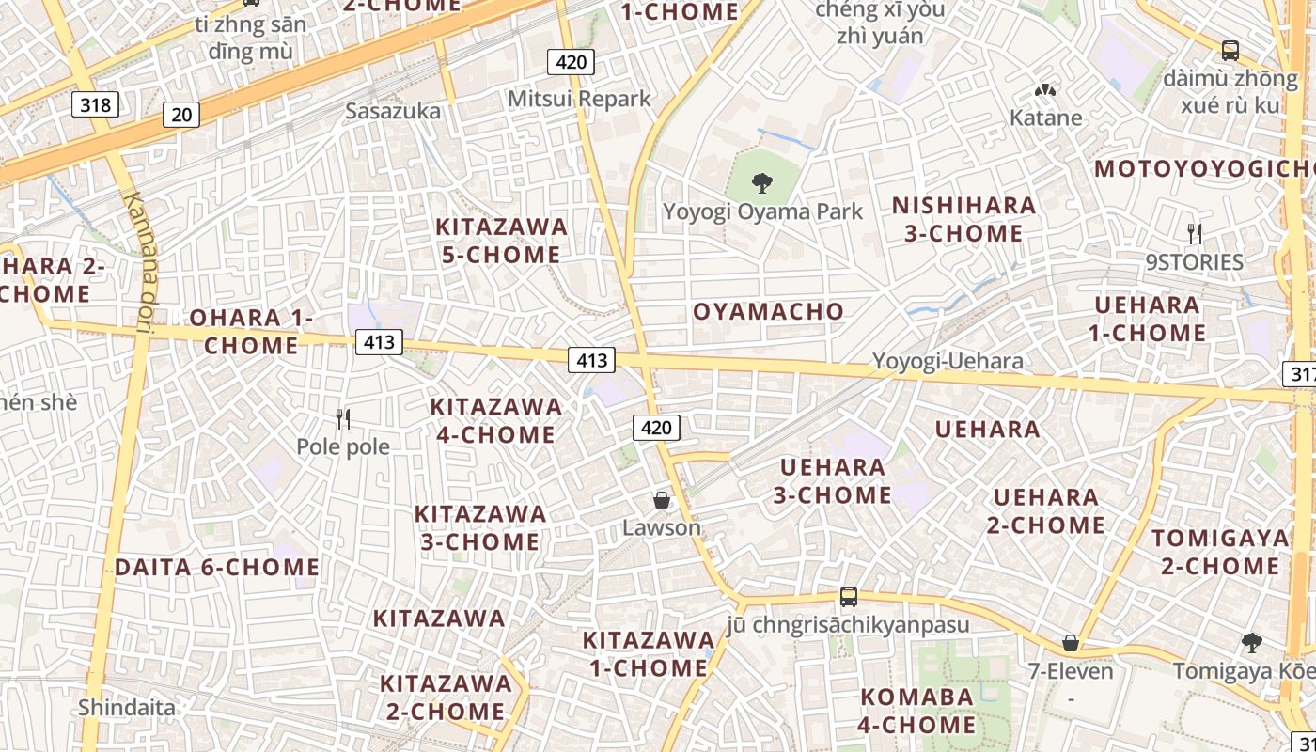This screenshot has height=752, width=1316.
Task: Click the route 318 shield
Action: click(96, 104)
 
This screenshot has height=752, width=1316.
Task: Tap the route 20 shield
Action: click(181, 115)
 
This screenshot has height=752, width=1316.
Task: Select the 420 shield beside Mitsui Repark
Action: click(571, 63)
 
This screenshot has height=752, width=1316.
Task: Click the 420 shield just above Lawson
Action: click(655, 429)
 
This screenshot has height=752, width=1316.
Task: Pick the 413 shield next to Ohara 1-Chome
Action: click(379, 342)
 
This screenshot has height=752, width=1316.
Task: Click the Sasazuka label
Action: click(393, 111)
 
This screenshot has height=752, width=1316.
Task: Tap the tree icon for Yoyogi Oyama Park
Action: click(762, 183)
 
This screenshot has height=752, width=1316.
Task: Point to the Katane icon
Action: click(1045, 90)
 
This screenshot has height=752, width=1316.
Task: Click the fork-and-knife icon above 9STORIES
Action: click(1194, 233)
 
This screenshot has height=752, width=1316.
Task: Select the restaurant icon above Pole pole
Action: click(343, 418)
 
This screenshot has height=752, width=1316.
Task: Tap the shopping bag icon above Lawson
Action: click(662, 500)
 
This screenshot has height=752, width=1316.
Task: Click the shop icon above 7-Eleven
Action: click(1070, 643)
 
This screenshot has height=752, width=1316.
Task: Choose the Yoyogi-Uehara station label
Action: click(948, 361)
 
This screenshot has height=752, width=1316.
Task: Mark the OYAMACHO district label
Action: click(768, 311)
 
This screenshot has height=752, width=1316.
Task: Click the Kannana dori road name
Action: click(141, 262)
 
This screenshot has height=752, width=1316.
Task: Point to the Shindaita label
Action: click(127, 707)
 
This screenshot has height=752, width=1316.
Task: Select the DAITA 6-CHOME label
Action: click(217, 568)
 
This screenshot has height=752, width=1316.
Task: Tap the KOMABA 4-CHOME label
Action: click(916, 711)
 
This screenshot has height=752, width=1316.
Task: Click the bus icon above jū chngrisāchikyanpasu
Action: click(848, 596)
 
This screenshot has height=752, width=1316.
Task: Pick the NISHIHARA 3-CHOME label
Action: click(963, 219)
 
